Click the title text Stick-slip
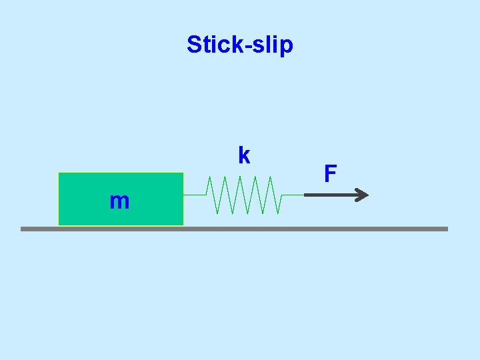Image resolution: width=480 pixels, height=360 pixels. coord(239,45)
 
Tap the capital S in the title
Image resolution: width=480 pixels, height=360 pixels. coord(194,45)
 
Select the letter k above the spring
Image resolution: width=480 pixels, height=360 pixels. coord(244,155)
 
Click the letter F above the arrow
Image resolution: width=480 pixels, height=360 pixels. coord(330,174)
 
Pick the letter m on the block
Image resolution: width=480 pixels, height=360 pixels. coord(119,201)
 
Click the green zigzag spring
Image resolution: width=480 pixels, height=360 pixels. coord(243,195)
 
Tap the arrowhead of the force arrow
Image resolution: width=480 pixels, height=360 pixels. coord(362,195)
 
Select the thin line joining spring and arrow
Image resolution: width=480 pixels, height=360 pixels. coord(293,195)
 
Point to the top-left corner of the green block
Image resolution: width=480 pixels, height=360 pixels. coord(59,173)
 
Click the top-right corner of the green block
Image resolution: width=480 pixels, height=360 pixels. coord(183,173)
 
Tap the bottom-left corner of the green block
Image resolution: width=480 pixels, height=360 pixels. coord(59,225)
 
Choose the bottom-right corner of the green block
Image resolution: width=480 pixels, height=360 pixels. coord(183,225)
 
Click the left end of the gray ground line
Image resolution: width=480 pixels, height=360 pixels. coord(22,229)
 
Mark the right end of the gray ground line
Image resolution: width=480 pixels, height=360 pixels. coord(447,229)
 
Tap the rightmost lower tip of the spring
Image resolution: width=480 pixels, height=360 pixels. coord(278,213)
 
